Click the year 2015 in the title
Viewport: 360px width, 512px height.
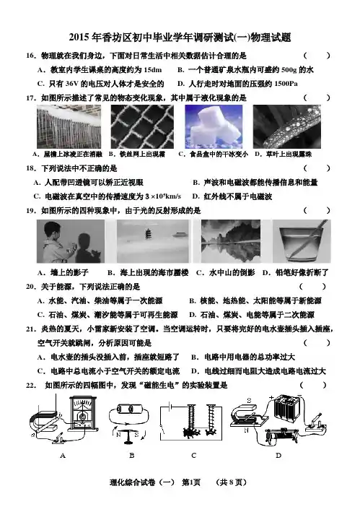[x=79, y=38]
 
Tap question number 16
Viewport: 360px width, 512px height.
[x=30, y=56]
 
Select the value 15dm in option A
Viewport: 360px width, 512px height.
[x=152, y=70]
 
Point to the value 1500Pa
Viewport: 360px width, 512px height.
[x=286, y=84]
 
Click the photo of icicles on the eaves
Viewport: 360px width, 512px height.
[x=69, y=126]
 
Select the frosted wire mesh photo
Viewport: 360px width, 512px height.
[x=142, y=126]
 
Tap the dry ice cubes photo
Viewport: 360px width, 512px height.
[x=214, y=126]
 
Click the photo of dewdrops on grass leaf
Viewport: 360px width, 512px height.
[x=287, y=126]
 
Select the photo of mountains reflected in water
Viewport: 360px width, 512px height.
[x=231, y=241]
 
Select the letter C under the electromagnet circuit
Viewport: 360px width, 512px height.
[x=193, y=455]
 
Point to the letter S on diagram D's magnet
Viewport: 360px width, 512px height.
[x=249, y=401]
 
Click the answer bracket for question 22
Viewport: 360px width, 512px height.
[x=312, y=386]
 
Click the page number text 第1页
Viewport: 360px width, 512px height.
[x=191, y=482]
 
